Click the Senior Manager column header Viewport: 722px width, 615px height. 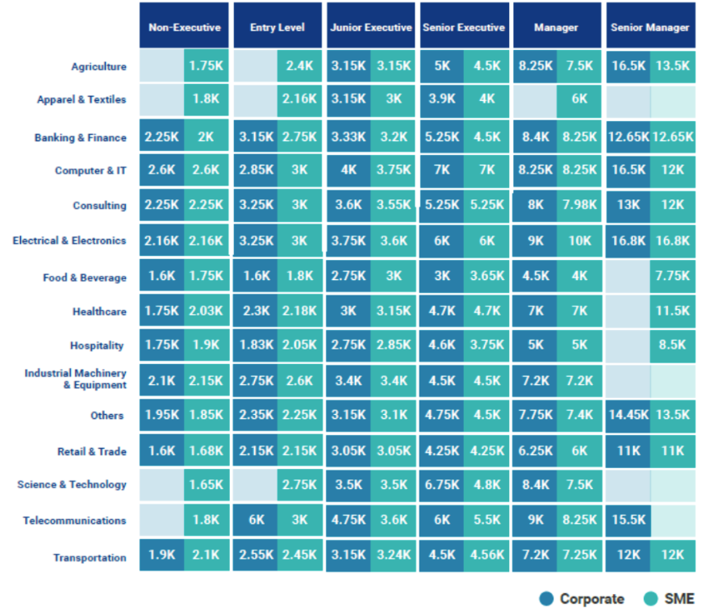click(649, 27)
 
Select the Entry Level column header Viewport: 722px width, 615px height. click(278, 27)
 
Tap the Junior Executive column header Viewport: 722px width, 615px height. click(370, 27)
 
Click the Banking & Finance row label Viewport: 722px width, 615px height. click(80, 138)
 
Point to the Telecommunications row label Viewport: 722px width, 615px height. click(74, 521)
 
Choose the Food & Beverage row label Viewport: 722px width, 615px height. click(85, 278)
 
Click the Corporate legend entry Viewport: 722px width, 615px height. click(582, 599)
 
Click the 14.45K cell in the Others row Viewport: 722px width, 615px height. click(628, 416)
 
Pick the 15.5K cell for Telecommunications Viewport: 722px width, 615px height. click(628, 521)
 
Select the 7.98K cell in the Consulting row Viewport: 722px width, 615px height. click(579, 205)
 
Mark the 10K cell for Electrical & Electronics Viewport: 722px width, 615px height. click(579, 241)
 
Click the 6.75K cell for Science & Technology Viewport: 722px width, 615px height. click(441, 485)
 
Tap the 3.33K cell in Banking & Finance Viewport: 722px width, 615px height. click(348, 137)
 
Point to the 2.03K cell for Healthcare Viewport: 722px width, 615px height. click(206, 311)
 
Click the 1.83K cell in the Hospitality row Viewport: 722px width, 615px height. click(255, 345)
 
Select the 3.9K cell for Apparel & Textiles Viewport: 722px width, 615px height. click(441, 99)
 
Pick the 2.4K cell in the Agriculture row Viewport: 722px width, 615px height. click(299, 66)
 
